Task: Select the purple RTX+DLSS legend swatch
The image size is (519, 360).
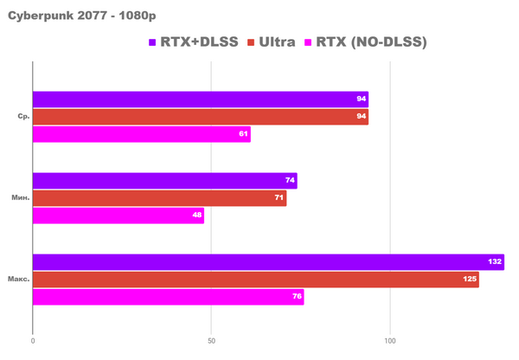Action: click(x=152, y=42)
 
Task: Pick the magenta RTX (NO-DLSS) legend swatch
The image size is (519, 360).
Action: click(x=310, y=42)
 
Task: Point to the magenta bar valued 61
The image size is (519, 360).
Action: click(x=142, y=133)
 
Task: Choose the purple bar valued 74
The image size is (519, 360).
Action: click(x=165, y=181)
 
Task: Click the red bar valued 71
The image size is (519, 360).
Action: click(x=160, y=198)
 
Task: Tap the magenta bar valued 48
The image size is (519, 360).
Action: click(x=119, y=215)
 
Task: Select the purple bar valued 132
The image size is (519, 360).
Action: click(x=268, y=262)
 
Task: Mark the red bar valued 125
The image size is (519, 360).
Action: click(x=256, y=280)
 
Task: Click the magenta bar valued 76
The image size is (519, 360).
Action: click(x=169, y=297)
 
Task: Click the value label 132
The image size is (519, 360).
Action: click(x=495, y=262)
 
